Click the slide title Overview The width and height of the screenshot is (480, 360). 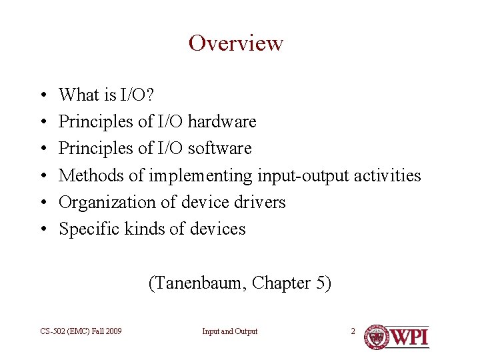pyautogui.click(x=236, y=43)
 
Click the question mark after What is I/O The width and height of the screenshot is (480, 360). pyautogui.click(x=150, y=95)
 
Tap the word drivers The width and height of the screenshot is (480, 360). pyautogui.click(x=260, y=202)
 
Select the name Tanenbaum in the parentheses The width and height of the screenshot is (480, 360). pyautogui.click(x=197, y=284)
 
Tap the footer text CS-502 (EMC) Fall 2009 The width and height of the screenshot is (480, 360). pyautogui.click(x=81, y=331)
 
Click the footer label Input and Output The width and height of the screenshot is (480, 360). pyautogui.click(x=230, y=331)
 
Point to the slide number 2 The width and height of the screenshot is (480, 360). pyautogui.click(x=353, y=331)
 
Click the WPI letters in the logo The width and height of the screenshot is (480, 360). pyautogui.click(x=409, y=337)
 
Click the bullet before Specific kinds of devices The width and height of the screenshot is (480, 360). pyautogui.click(x=42, y=229)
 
